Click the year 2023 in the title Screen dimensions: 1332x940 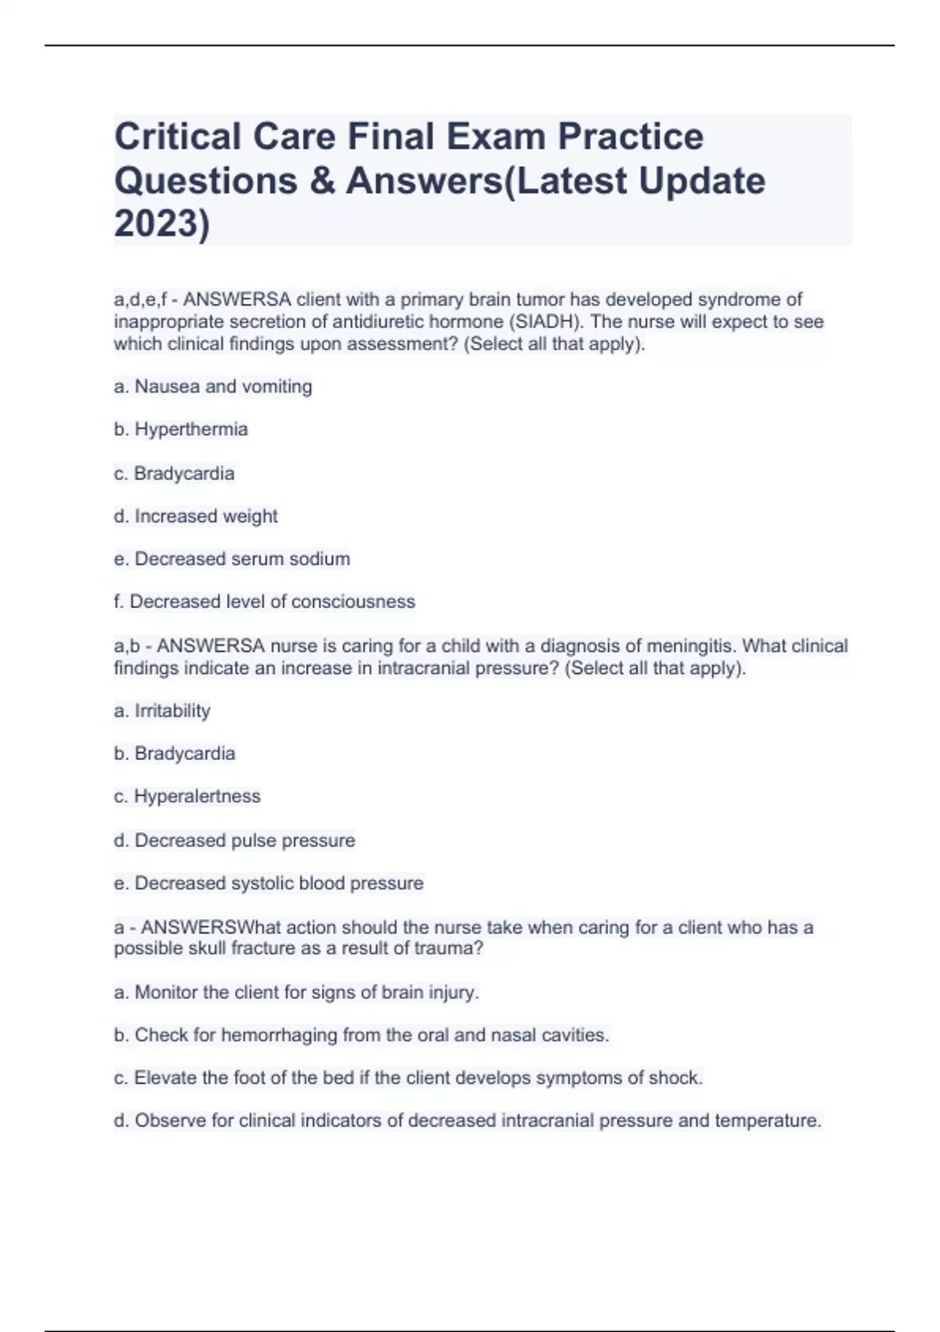(157, 224)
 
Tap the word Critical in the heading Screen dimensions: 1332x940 (178, 136)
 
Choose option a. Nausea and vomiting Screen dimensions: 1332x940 (213, 386)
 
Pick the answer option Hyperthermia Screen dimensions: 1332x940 (190, 429)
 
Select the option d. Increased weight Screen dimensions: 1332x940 (196, 516)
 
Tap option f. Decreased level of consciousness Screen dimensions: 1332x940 (264, 602)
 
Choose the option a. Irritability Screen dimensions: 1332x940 (162, 711)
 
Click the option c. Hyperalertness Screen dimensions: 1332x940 (187, 796)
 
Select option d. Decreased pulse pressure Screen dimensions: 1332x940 (234, 841)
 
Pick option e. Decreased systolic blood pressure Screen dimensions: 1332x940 (268, 883)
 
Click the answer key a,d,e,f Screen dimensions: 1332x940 (140, 300)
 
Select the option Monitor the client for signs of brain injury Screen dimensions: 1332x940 (296, 993)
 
